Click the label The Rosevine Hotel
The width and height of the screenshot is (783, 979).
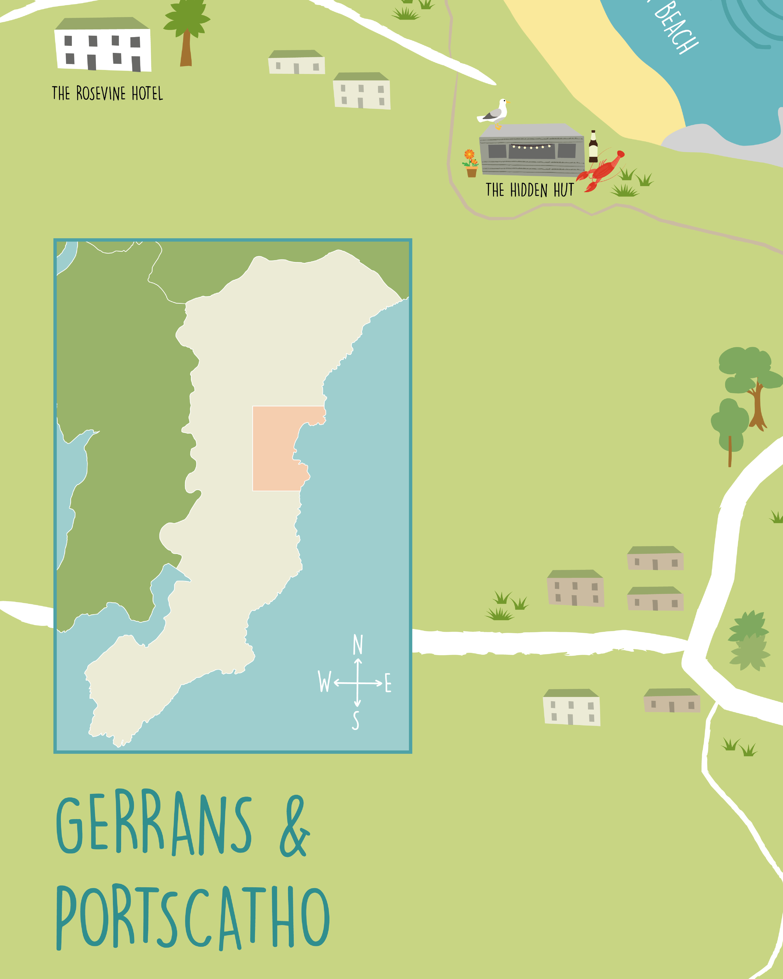point(107,93)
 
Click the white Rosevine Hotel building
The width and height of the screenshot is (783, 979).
point(103,45)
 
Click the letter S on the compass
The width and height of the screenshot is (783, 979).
point(356,721)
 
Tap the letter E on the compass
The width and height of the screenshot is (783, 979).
point(388,683)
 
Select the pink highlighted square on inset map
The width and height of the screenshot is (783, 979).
point(275,448)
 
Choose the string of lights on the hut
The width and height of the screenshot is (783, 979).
point(531,147)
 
